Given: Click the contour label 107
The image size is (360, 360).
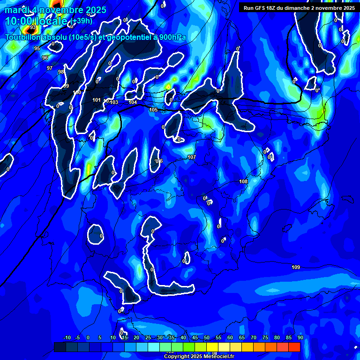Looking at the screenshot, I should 191,157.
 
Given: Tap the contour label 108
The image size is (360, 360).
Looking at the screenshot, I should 243,181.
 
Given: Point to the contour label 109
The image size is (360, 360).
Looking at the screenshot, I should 296,267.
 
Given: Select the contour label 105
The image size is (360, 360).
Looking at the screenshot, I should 153,110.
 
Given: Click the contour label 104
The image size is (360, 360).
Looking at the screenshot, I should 133,102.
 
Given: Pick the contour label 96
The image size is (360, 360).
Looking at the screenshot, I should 45,58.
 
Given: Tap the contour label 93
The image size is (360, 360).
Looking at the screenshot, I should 33,27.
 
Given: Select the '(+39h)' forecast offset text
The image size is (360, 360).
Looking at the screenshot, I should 81,21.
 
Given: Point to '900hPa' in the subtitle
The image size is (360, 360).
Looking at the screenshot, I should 172,37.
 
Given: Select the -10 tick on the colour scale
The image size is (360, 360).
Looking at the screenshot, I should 67,338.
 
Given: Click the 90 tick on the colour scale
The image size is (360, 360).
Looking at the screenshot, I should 300,338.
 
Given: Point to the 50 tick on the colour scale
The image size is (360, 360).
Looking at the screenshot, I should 207,338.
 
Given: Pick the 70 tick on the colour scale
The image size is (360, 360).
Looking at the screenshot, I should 254,338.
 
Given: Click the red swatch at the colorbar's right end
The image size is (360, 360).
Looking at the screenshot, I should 294,347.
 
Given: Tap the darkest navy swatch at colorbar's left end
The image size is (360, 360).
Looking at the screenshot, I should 60,347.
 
